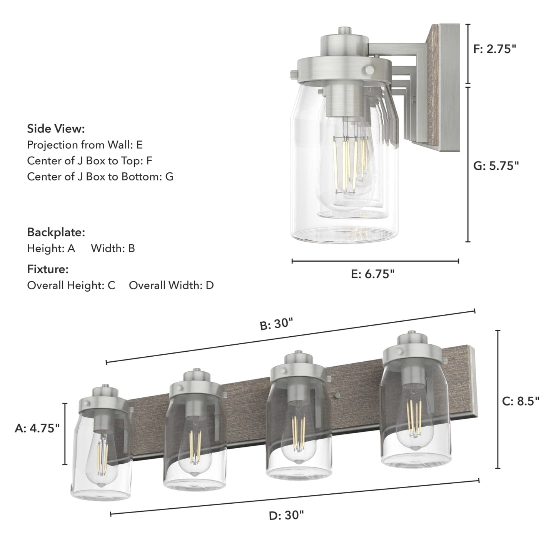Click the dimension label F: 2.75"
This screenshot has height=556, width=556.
coord(494,49)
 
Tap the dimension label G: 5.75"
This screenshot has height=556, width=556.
coord(496,166)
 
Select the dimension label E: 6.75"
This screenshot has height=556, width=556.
coord(372,274)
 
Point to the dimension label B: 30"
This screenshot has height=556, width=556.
coord(276,324)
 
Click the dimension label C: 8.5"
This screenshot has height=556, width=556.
coord(521,401)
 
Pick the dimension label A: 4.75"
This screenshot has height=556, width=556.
coord(37,428)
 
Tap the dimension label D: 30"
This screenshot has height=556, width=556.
coord(286,515)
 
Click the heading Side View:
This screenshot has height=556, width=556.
coord(56,129)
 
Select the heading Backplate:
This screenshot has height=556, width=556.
coord(56,232)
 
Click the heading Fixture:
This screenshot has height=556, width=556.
coord(48,269)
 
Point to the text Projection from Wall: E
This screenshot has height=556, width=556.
coord(85,145)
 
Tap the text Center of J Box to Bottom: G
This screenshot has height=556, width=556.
coord(100,177)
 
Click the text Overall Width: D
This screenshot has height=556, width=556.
coord(171,286)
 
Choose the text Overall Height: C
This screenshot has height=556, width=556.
coord(71,286)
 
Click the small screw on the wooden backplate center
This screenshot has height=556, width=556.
coord(337,395)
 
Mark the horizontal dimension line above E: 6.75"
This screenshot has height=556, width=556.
coord(375,261)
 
